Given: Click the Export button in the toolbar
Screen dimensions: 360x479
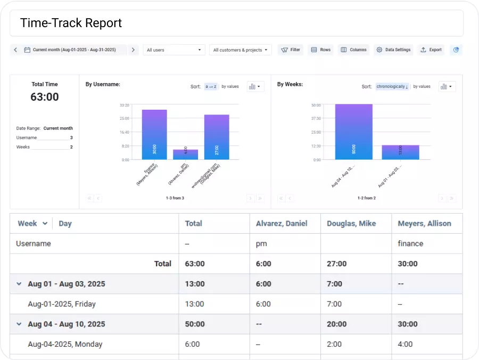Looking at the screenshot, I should tap(431, 50).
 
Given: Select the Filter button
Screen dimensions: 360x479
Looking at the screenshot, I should tap(290, 50).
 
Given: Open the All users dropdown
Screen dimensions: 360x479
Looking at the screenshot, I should tap(174, 50).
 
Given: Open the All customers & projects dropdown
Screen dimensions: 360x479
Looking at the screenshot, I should tap(241, 50).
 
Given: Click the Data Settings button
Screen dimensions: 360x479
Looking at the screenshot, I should tap(393, 50).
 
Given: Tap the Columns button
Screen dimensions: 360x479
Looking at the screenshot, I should tap(353, 50).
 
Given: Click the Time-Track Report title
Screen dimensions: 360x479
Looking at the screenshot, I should tap(71, 23).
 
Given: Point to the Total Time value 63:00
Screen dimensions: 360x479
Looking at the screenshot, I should tap(45, 97).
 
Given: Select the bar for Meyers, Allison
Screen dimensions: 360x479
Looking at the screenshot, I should tap(154, 135).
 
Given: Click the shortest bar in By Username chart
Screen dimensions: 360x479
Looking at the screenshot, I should tap(185, 154).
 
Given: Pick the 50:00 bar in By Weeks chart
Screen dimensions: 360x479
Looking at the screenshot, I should tap(353, 132).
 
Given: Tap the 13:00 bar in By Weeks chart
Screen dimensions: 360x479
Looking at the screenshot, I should tap(400, 152).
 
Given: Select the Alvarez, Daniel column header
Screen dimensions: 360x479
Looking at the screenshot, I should tap(282, 224).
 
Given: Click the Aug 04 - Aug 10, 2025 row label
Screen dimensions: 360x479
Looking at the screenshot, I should tap(67, 324).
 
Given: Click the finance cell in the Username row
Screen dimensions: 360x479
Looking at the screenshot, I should tap(410, 243).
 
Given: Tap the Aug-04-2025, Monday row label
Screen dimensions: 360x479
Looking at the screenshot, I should tap(65, 345).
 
